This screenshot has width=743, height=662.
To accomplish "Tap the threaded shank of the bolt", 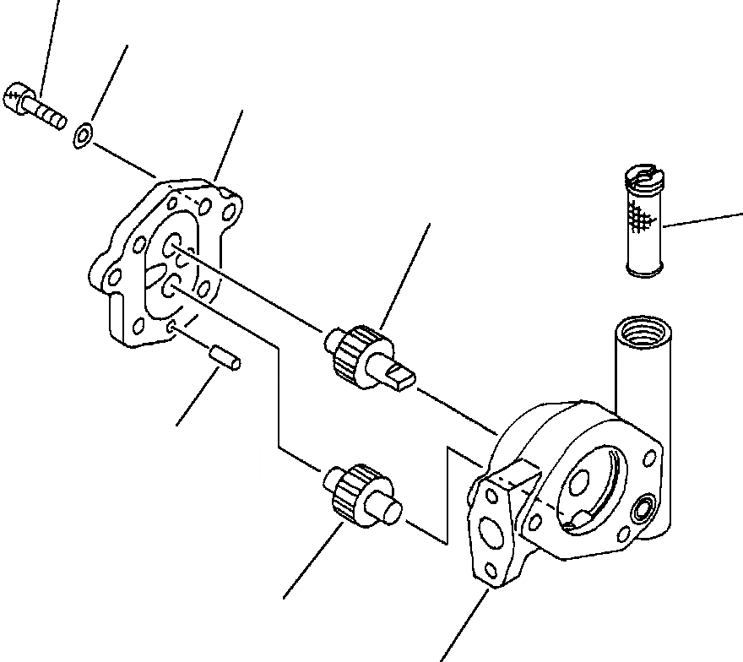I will click(x=49, y=115).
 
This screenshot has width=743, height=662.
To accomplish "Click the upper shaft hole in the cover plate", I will click(x=171, y=246).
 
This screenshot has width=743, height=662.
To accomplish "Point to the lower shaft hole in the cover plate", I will click(x=170, y=288).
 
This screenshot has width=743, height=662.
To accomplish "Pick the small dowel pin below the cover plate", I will click(x=225, y=357).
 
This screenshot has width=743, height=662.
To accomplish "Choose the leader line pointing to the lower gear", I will click(x=312, y=562).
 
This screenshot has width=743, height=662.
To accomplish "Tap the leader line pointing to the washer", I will click(x=107, y=84).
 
